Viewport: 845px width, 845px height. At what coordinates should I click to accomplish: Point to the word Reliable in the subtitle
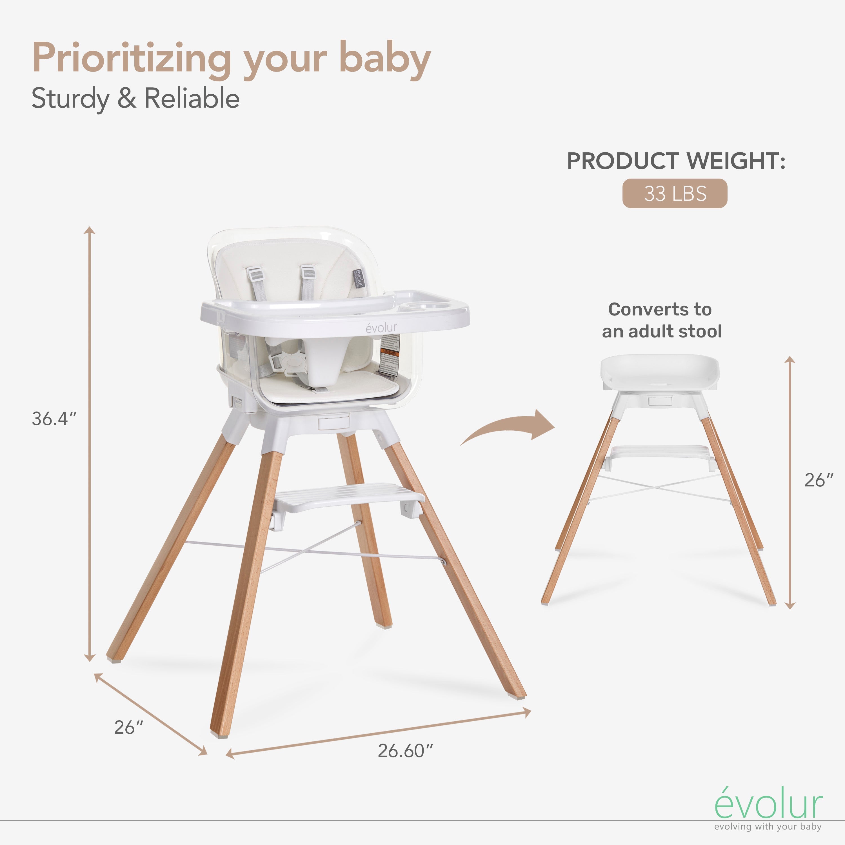coord(192,98)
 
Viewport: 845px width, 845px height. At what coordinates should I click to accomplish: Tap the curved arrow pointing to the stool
coord(510,429)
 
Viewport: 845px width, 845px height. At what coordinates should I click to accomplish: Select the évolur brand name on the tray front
coord(381,328)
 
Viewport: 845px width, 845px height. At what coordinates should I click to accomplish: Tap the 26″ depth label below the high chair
coord(129,727)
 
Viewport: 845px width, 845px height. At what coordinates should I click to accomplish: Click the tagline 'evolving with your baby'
coord(768,826)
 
